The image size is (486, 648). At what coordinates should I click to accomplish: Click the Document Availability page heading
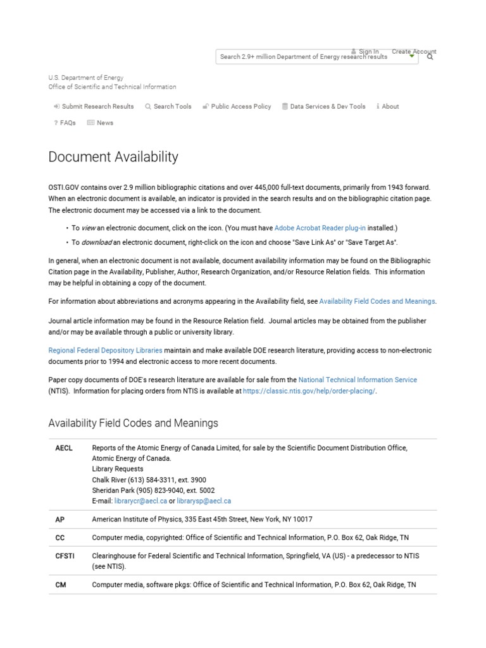pyautogui.click(x=113, y=157)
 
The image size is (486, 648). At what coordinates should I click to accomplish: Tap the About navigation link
pyautogui.click(x=388, y=106)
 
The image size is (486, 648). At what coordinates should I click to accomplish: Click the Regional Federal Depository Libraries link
pyautogui.click(x=106, y=350)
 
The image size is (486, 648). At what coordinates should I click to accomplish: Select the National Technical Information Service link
pyautogui.click(x=358, y=380)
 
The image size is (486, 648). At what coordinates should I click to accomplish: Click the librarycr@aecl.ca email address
pyautogui.click(x=140, y=501)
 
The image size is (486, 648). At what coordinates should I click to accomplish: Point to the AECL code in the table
pyautogui.click(x=64, y=448)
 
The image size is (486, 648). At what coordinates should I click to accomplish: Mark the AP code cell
pyautogui.click(x=60, y=520)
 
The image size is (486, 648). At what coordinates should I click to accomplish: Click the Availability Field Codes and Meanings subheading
pyautogui.click(x=134, y=423)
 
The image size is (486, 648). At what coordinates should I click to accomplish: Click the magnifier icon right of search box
pyautogui.click(x=430, y=57)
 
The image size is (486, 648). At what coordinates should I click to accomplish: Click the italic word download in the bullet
pyautogui.click(x=97, y=242)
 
